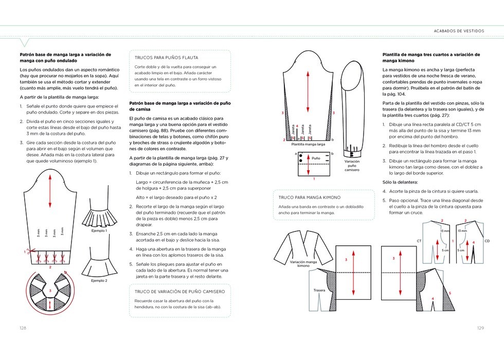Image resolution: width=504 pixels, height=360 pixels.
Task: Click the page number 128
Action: (23, 328)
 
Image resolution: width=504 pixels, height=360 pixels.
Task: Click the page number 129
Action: (480, 328)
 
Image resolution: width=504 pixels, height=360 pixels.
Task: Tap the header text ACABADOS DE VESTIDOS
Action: (459, 31)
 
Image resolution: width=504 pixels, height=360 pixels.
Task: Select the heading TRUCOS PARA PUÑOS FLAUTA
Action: (166, 58)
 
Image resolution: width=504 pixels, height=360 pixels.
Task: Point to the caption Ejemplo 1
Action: (99, 231)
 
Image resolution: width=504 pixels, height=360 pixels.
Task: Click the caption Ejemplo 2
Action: (99, 281)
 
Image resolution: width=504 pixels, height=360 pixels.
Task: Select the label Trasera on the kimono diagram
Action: (319, 291)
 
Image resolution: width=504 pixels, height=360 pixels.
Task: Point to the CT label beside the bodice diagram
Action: (419, 241)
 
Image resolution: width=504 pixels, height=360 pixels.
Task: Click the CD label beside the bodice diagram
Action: (487, 241)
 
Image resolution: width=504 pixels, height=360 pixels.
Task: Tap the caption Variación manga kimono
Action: (303, 264)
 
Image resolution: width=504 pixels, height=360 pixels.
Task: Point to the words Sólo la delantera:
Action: (401, 182)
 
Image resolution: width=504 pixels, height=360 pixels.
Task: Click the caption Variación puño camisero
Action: (352, 165)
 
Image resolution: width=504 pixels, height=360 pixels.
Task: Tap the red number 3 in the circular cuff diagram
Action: (50, 292)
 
